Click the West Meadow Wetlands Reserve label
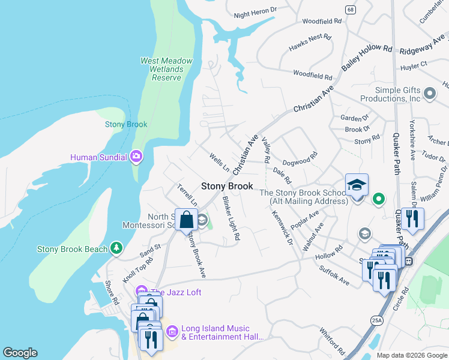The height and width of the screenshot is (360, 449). (x=166, y=69)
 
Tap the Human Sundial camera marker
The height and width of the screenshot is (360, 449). (x=136, y=157)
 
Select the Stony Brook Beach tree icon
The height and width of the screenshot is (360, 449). (x=116, y=248)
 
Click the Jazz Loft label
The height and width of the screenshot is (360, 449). (x=175, y=292)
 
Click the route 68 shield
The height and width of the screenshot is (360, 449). (x=350, y=9)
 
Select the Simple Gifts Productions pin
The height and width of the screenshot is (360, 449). (x=429, y=93)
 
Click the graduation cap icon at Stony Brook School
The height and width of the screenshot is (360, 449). (x=357, y=185)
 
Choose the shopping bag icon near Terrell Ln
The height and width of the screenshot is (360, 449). (x=187, y=219)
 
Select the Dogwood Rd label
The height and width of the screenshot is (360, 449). (x=300, y=160)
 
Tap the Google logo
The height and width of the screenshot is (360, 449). (x=20, y=353)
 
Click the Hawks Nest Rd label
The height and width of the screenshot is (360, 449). (x=310, y=37)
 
